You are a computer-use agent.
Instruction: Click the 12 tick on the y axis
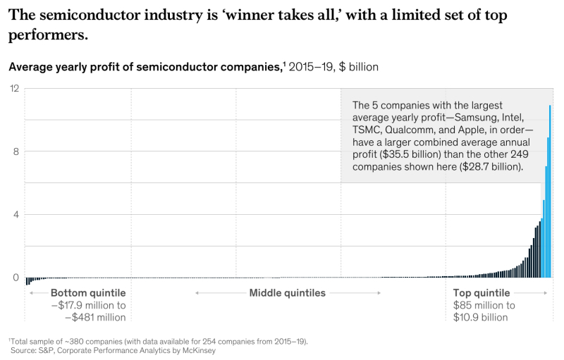click(13, 88)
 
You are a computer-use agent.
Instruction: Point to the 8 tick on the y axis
click(14, 151)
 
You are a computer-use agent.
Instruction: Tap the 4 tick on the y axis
click(14, 214)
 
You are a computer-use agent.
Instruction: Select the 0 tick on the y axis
click(14, 278)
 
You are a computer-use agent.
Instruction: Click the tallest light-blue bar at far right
click(551, 190)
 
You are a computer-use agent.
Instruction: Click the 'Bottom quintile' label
click(88, 293)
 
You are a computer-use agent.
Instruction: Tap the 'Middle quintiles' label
click(288, 293)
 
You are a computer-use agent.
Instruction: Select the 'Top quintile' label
click(482, 293)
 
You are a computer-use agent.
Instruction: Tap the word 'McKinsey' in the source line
click(196, 350)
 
